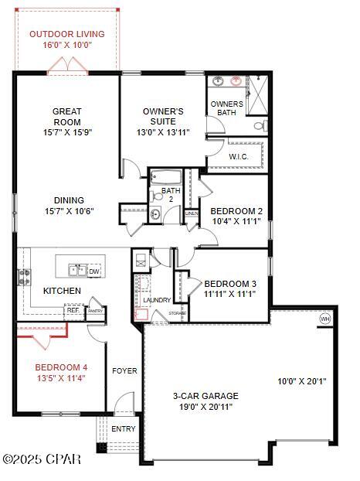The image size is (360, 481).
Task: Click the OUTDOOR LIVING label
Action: [x=66, y=34]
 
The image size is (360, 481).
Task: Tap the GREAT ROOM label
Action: [x=66, y=121]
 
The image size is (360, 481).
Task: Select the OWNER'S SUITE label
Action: [x=163, y=121]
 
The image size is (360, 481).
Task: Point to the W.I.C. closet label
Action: [x=238, y=157]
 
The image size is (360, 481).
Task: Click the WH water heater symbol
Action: [x=324, y=319]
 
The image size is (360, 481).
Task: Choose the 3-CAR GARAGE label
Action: [x=204, y=396]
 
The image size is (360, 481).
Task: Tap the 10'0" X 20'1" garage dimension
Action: [x=303, y=380]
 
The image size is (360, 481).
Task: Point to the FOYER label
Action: [x=124, y=371]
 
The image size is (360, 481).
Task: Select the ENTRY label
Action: [x=124, y=429]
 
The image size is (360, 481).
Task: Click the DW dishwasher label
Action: [x=93, y=271]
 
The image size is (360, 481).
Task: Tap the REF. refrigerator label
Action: [x=73, y=310]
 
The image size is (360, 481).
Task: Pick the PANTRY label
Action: [x=95, y=310]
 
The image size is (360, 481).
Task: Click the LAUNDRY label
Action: [x=156, y=300]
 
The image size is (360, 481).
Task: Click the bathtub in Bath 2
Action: [x=165, y=176]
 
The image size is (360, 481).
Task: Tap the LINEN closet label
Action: [x=192, y=213]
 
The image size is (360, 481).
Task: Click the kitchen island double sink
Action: [x=77, y=270]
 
